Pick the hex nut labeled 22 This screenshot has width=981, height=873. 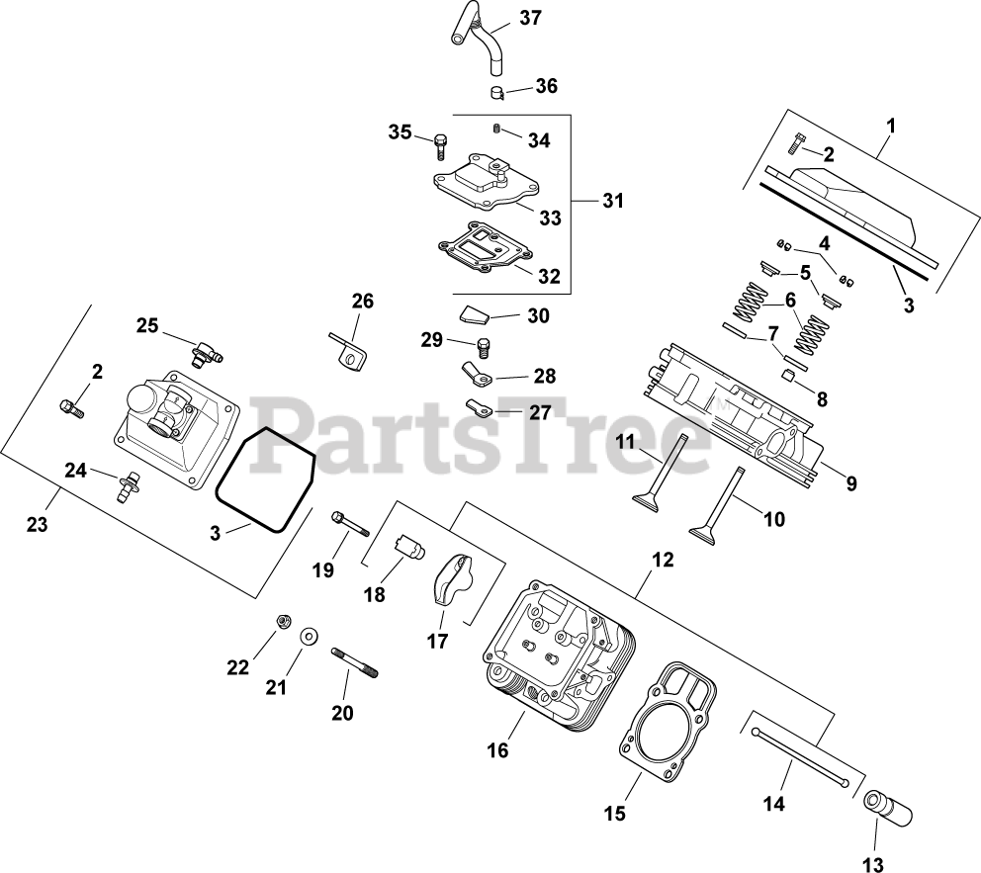pyautogui.click(x=281, y=621)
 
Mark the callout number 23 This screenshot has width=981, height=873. pyautogui.click(x=37, y=525)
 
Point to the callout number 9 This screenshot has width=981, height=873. pyautogui.click(x=851, y=483)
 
